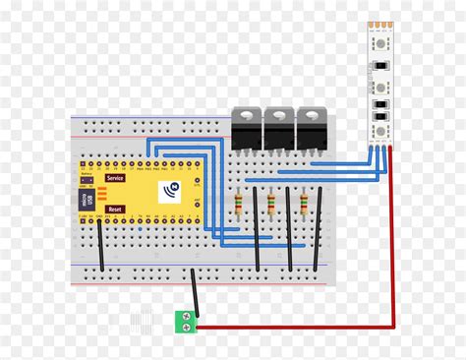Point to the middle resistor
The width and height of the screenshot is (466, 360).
click(x=274, y=204)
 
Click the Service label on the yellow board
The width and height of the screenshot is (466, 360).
click(x=116, y=178)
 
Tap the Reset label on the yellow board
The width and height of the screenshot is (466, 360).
click(x=115, y=210)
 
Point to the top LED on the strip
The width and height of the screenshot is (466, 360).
click(x=378, y=46)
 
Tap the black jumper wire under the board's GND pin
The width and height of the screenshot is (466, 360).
click(x=101, y=246)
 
